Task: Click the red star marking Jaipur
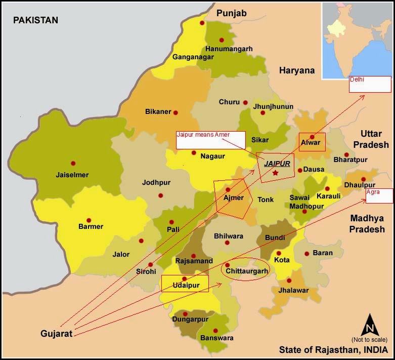point(275,173)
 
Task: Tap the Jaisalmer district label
point(72,175)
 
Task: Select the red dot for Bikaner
point(175,112)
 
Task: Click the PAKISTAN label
point(35,20)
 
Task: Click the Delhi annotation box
point(370,84)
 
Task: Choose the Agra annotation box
point(379,196)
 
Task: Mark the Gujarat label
point(57,334)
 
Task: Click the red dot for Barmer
point(89,220)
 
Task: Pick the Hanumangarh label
point(228,49)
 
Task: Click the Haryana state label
point(296,70)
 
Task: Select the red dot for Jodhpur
point(161,195)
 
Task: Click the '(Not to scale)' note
point(369,339)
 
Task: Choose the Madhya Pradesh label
point(366,224)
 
